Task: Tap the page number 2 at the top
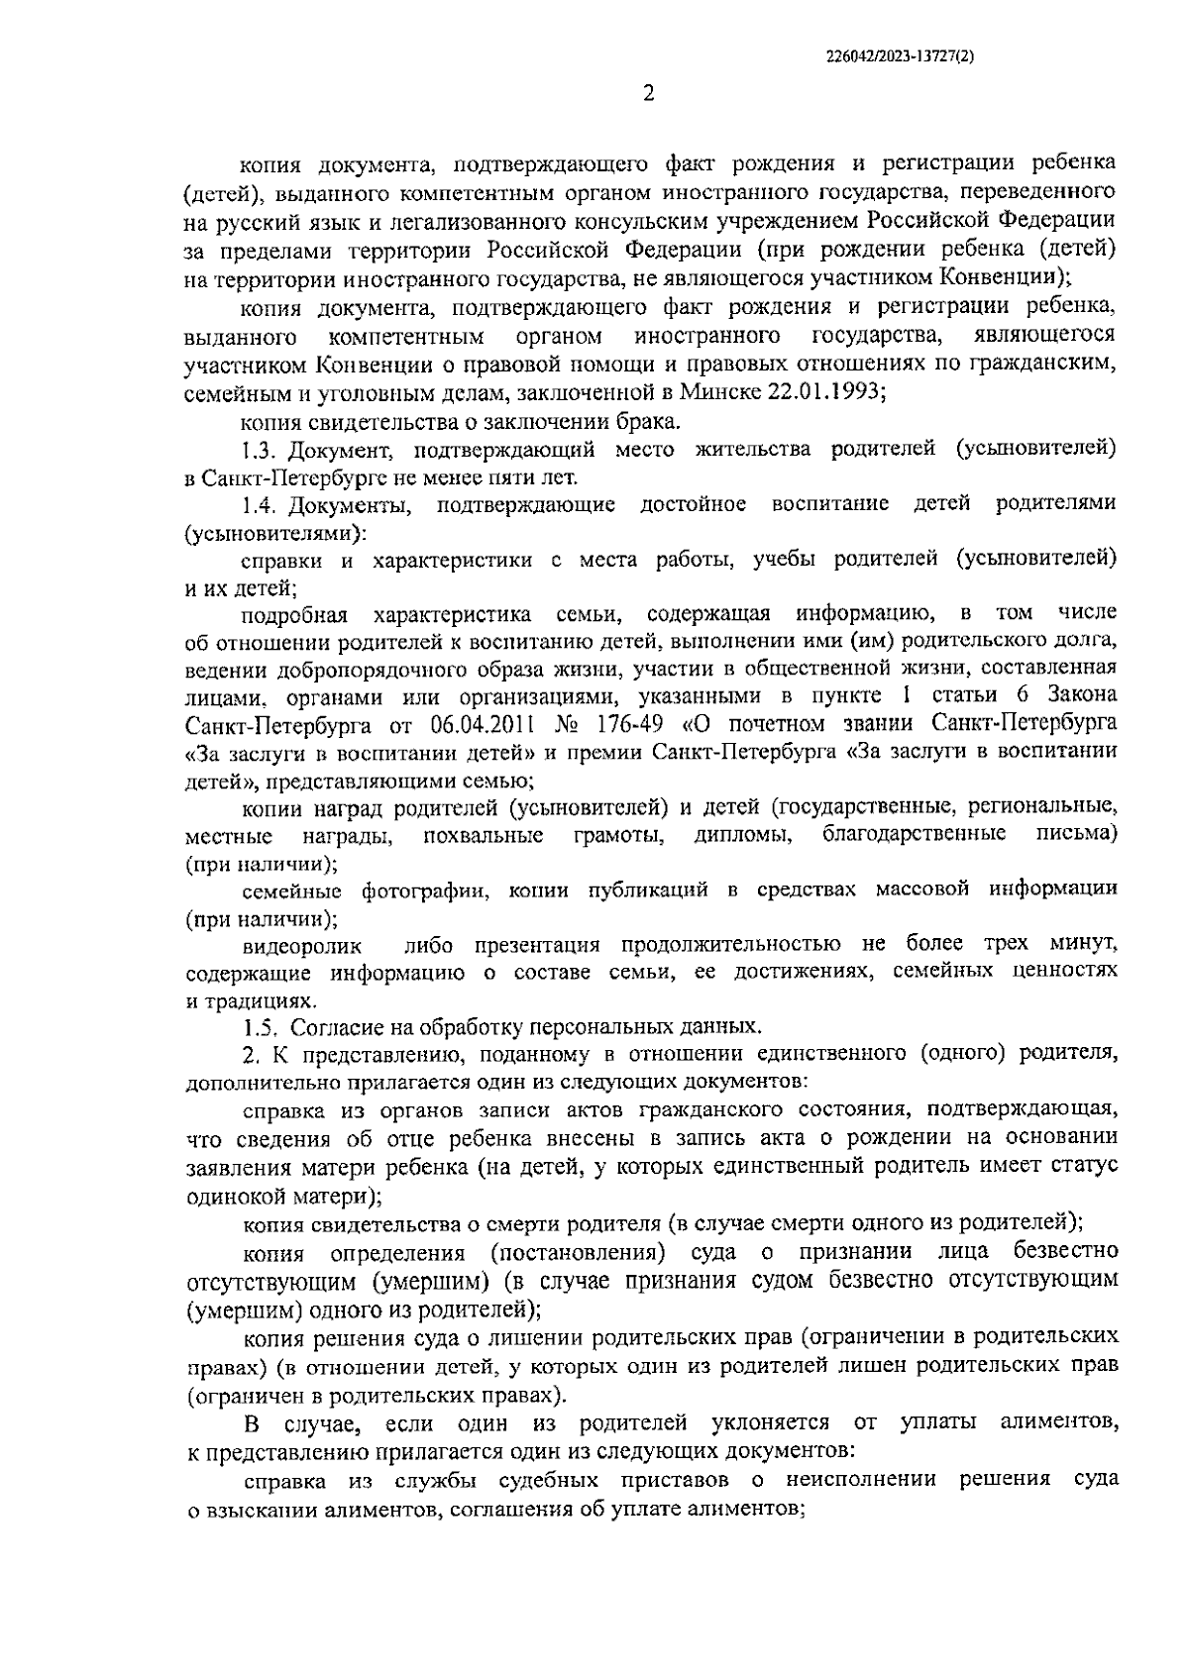649,94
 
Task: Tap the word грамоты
619,836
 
